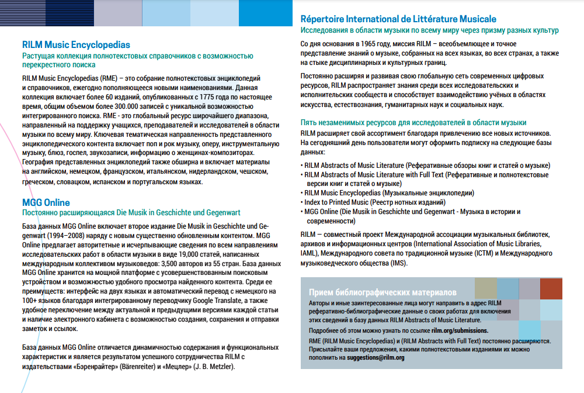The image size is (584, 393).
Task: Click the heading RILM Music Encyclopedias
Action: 76,44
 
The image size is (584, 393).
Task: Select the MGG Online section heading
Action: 46,203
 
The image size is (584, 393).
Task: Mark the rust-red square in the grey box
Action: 551,289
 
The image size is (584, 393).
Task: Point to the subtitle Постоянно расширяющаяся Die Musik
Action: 131,213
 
